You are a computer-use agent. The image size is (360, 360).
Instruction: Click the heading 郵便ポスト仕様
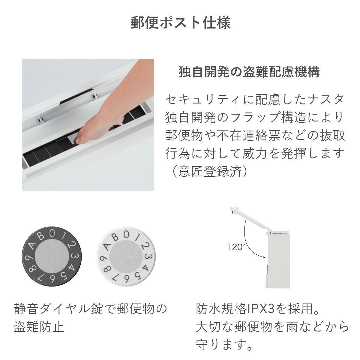(181, 23)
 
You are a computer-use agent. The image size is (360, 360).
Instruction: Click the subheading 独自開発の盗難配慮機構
(249, 72)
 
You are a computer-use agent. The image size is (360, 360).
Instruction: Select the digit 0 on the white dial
(127, 234)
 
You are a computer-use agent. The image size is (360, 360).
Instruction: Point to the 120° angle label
(236, 247)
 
